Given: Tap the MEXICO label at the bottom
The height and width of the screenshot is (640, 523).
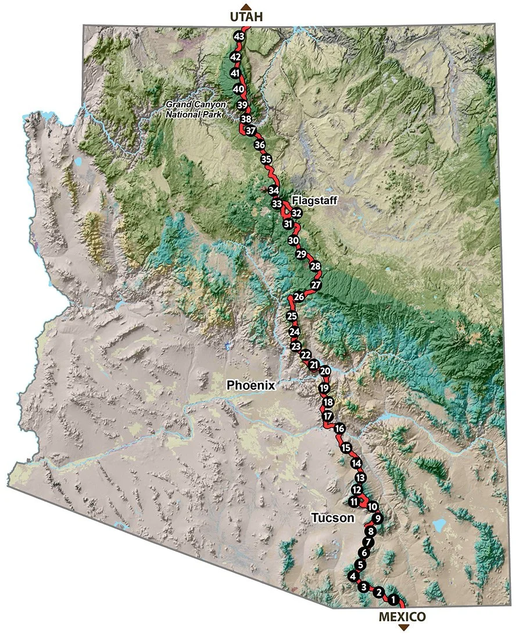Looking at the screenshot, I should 402,617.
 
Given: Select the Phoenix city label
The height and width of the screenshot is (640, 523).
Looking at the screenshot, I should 250,385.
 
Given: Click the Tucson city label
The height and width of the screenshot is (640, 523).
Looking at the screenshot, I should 332,518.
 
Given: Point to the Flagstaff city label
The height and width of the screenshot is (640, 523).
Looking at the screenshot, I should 314,200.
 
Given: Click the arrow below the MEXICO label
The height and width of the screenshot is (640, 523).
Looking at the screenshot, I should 403,628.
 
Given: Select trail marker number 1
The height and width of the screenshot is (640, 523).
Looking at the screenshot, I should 393,599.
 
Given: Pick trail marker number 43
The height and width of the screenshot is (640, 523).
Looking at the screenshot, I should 238,36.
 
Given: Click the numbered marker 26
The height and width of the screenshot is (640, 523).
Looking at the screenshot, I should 299,297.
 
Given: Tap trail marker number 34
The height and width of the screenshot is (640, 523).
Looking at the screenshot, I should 274,190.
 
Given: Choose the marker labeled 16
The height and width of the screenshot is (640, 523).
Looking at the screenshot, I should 340,429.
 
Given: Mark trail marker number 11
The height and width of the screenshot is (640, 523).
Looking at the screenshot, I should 353,502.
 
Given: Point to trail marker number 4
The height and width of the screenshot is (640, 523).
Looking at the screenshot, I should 352,576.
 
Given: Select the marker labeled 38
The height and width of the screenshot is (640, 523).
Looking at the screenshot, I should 246,119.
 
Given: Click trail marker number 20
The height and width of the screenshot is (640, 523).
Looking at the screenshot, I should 325,371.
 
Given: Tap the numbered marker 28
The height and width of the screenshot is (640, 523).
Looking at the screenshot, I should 316,266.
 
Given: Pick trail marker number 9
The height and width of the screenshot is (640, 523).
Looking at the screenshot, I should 377,518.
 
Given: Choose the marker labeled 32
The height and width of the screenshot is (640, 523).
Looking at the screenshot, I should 296,213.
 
